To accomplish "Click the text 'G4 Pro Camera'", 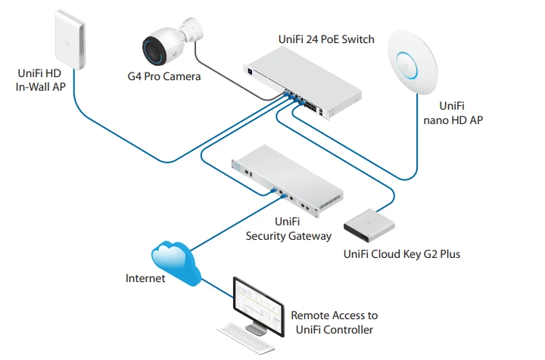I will coord(164,76).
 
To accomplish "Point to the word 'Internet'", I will coord(145,278).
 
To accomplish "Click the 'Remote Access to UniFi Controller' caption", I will coord(334,322).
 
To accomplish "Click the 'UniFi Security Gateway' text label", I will coord(288,229).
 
